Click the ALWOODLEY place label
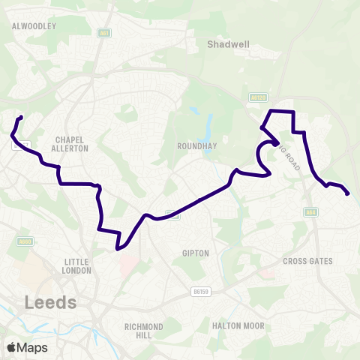click(34, 25)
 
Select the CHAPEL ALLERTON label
click(72, 144)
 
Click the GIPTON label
click(195, 253)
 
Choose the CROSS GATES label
click(307, 261)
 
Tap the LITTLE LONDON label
click(78, 266)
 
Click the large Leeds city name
click(51, 302)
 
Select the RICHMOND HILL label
click(145, 331)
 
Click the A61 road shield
click(104, 33)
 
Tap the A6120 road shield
click(259, 97)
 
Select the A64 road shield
click(310, 212)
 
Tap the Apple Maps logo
click(27, 347)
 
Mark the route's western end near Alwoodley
click(21, 117)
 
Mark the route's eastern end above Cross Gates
click(347, 194)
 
